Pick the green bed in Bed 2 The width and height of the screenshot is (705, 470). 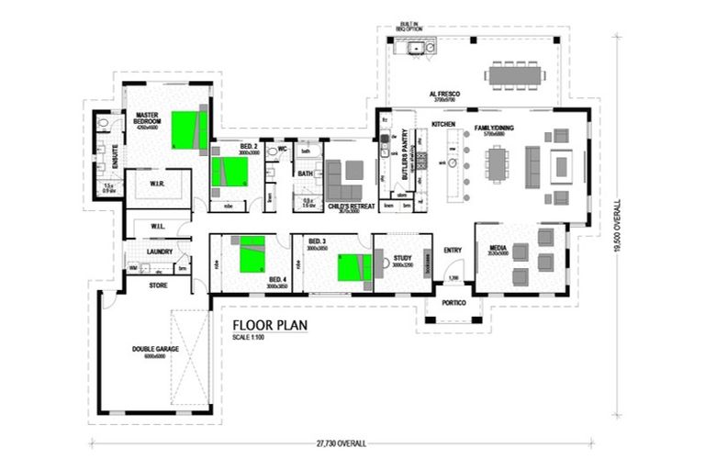click(x=229, y=172)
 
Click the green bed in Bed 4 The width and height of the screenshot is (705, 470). click(x=252, y=257)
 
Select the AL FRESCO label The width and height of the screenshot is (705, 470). click(x=444, y=95)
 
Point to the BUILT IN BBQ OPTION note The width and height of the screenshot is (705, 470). click(x=408, y=28)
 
